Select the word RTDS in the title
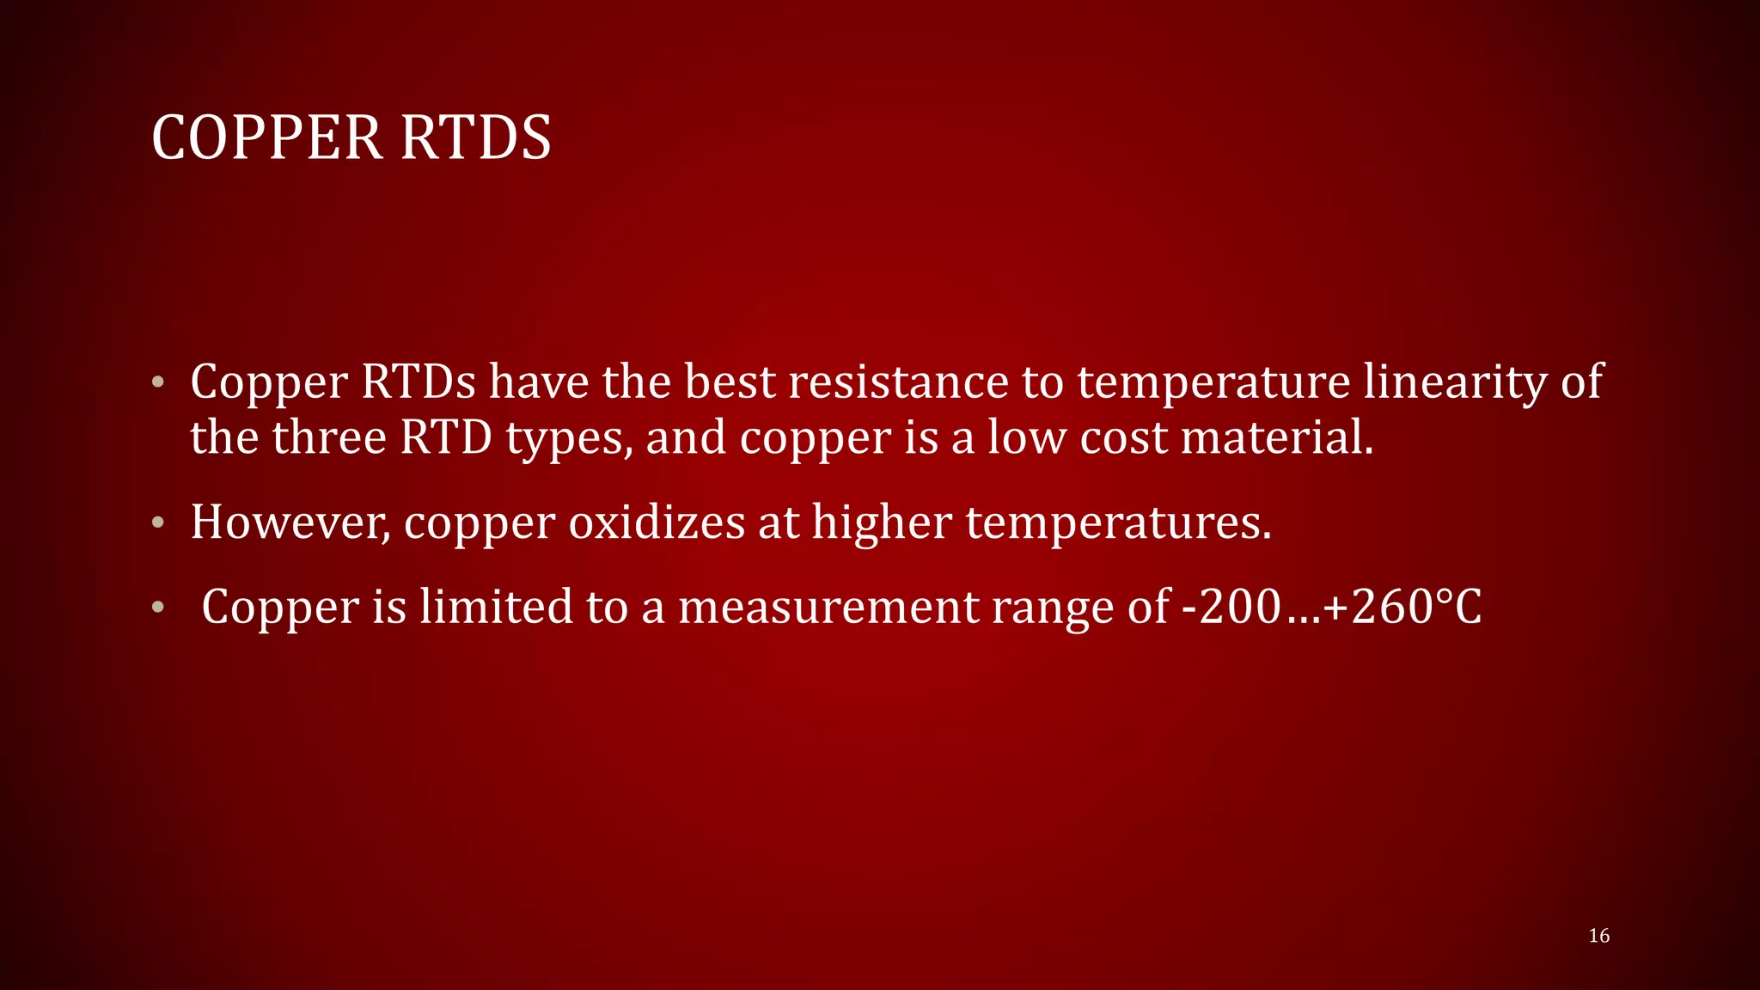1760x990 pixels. click(475, 137)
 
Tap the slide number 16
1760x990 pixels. click(1598, 936)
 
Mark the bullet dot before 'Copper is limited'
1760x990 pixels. click(157, 608)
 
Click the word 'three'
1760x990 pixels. click(329, 437)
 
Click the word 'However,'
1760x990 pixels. click(290, 522)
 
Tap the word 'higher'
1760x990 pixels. click(883, 522)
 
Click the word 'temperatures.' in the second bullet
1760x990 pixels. click(1118, 522)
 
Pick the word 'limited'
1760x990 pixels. click(496, 607)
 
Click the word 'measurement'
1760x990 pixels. click(828, 607)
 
